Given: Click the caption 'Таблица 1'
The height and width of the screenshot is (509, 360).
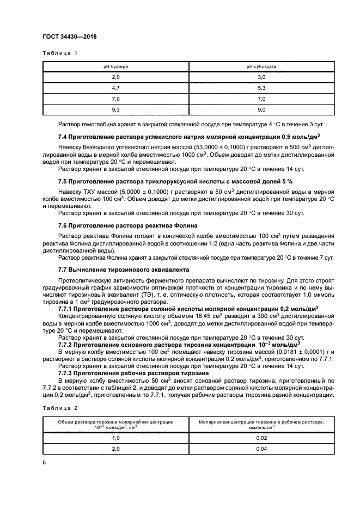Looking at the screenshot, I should coord(60,53).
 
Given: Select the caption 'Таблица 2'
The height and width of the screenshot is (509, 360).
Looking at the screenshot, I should coord(60,407).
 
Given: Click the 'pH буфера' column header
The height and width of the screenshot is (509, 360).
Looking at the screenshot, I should coord(115,67).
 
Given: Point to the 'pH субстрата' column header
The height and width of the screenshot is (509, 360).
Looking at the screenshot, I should coord(261,67).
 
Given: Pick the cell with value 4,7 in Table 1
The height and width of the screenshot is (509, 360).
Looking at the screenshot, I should coord(115,88).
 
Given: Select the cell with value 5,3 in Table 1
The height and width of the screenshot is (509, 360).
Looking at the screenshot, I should coord(261,88).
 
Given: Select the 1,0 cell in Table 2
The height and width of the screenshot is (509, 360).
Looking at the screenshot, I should coord(115,437).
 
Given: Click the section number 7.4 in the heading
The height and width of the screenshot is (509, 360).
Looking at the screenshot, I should coord(63,136).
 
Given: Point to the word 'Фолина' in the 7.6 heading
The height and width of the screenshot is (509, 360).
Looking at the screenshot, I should coord(185,225).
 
